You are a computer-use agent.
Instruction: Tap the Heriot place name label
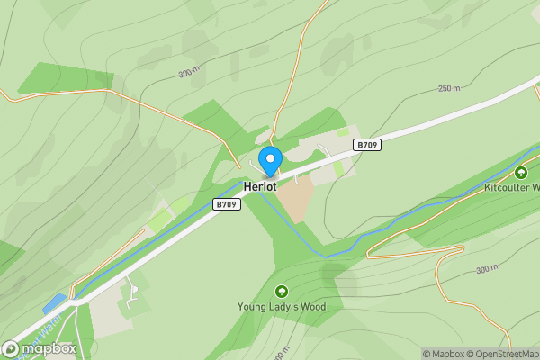point(259,186)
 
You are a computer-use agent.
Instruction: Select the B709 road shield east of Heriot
point(366,145)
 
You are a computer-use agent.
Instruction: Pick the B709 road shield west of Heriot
point(226,205)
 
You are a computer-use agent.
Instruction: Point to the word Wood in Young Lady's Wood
point(311,307)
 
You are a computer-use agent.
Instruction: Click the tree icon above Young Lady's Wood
point(282,292)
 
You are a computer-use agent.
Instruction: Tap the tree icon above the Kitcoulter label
point(520,173)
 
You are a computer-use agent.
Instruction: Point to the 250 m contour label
point(449,88)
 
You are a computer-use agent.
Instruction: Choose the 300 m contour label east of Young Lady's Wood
point(486,269)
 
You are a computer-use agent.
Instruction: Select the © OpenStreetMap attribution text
point(508,354)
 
